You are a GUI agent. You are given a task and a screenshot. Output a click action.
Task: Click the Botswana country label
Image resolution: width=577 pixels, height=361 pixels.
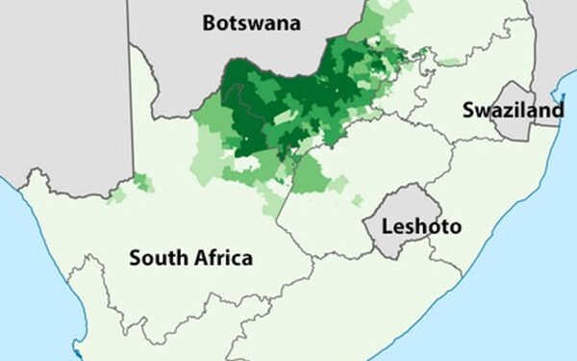pyautogui.click(x=251, y=23)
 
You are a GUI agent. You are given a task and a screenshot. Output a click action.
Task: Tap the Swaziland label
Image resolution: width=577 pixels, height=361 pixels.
pyautogui.click(x=512, y=111)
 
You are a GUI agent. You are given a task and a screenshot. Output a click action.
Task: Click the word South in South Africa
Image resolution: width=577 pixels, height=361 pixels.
pyautogui.click(x=157, y=258)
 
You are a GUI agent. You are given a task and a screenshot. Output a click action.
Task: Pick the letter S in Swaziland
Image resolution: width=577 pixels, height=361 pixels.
pyautogui.click(x=467, y=111)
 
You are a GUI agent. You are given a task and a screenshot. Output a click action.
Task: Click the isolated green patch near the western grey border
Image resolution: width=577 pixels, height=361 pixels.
pyautogui.click(x=141, y=181)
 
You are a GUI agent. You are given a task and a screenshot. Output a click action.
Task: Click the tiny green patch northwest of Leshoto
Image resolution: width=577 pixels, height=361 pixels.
pyautogui.click(x=357, y=200)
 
